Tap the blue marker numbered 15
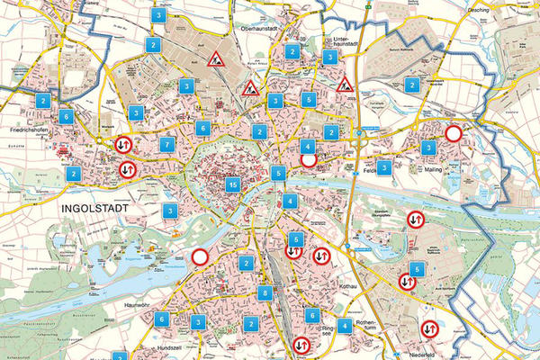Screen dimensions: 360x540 pos(233,185)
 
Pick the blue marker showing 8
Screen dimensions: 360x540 pos(265,293)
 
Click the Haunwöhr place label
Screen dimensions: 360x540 pos(141,306)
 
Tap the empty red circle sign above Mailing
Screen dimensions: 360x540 pos(454,134)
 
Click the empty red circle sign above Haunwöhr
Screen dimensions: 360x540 pos(201,257)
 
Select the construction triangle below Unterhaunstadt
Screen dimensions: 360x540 pos(346,85)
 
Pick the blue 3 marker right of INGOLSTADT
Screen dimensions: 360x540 pos(170,211)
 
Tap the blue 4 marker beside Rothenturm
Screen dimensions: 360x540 pos(343,327)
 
